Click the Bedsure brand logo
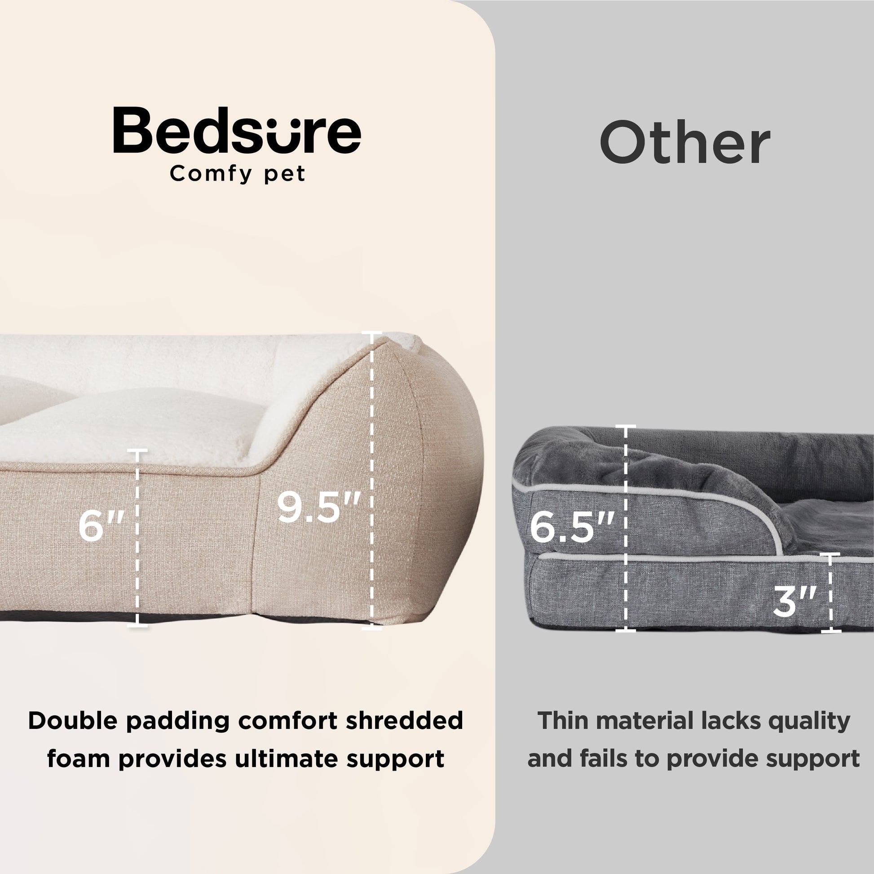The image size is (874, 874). point(237,131)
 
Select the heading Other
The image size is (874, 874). point(685,142)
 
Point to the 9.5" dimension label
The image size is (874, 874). point(318,507)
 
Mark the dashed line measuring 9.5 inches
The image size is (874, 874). point(372,480)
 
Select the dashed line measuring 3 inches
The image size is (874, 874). point(830,592)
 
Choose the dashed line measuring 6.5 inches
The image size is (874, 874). point(626,528)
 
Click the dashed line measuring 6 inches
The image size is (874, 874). point(137,539)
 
